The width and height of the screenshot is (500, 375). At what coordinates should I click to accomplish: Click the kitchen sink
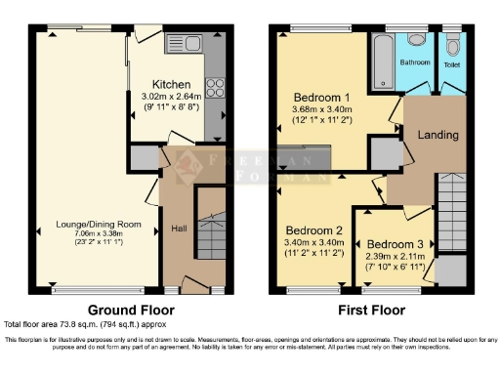tap(183, 43)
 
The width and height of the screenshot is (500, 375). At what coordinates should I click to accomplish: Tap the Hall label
tap(179, 229)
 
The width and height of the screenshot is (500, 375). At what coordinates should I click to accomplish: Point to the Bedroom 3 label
tap(394, 243)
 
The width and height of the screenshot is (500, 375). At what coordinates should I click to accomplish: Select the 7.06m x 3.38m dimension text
tap(94, 234)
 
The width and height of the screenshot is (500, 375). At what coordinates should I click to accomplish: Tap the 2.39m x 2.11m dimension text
tap(394, 255)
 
